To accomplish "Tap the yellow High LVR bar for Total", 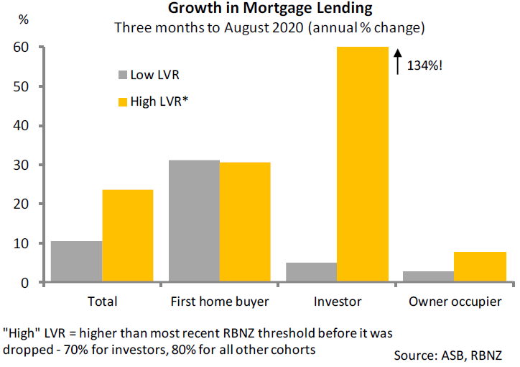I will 127,236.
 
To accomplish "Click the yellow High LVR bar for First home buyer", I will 245,222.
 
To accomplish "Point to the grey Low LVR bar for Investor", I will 312,273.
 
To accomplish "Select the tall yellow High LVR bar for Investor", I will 363,165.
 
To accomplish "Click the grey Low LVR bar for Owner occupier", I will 430,277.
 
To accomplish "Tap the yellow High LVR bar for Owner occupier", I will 480,267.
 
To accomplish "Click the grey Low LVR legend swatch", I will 122,74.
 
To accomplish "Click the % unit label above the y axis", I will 24,20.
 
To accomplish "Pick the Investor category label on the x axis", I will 338,302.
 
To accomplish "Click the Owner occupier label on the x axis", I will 455,302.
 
